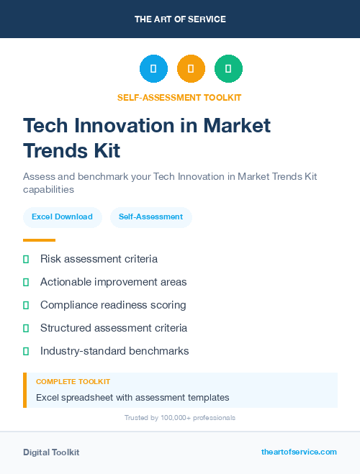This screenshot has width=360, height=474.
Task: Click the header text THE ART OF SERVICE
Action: coord(180,19)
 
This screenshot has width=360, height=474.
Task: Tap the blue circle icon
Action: coord(153,69)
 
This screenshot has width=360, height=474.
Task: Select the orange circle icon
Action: coord(191,69)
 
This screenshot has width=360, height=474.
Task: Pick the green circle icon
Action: coord(228,69)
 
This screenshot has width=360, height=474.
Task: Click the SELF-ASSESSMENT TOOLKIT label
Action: coord(180,97)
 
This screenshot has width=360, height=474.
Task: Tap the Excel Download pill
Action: coord(62,217)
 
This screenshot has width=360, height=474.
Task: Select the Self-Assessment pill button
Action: coord(150,217)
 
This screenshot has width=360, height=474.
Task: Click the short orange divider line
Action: coord(39,240)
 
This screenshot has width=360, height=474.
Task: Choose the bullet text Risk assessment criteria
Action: coord(99,259)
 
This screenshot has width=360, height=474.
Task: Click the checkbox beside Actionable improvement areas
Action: coord(26,282)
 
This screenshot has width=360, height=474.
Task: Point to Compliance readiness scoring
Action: coord(113,305)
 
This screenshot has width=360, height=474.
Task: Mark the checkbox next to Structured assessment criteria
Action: coord(26,328)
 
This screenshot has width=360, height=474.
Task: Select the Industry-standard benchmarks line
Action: coord(114,351)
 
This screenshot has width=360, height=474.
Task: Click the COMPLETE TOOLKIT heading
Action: coord(73,382)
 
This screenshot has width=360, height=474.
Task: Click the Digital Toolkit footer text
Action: coord(51,452)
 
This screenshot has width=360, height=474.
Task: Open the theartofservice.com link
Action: coord(299,452)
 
